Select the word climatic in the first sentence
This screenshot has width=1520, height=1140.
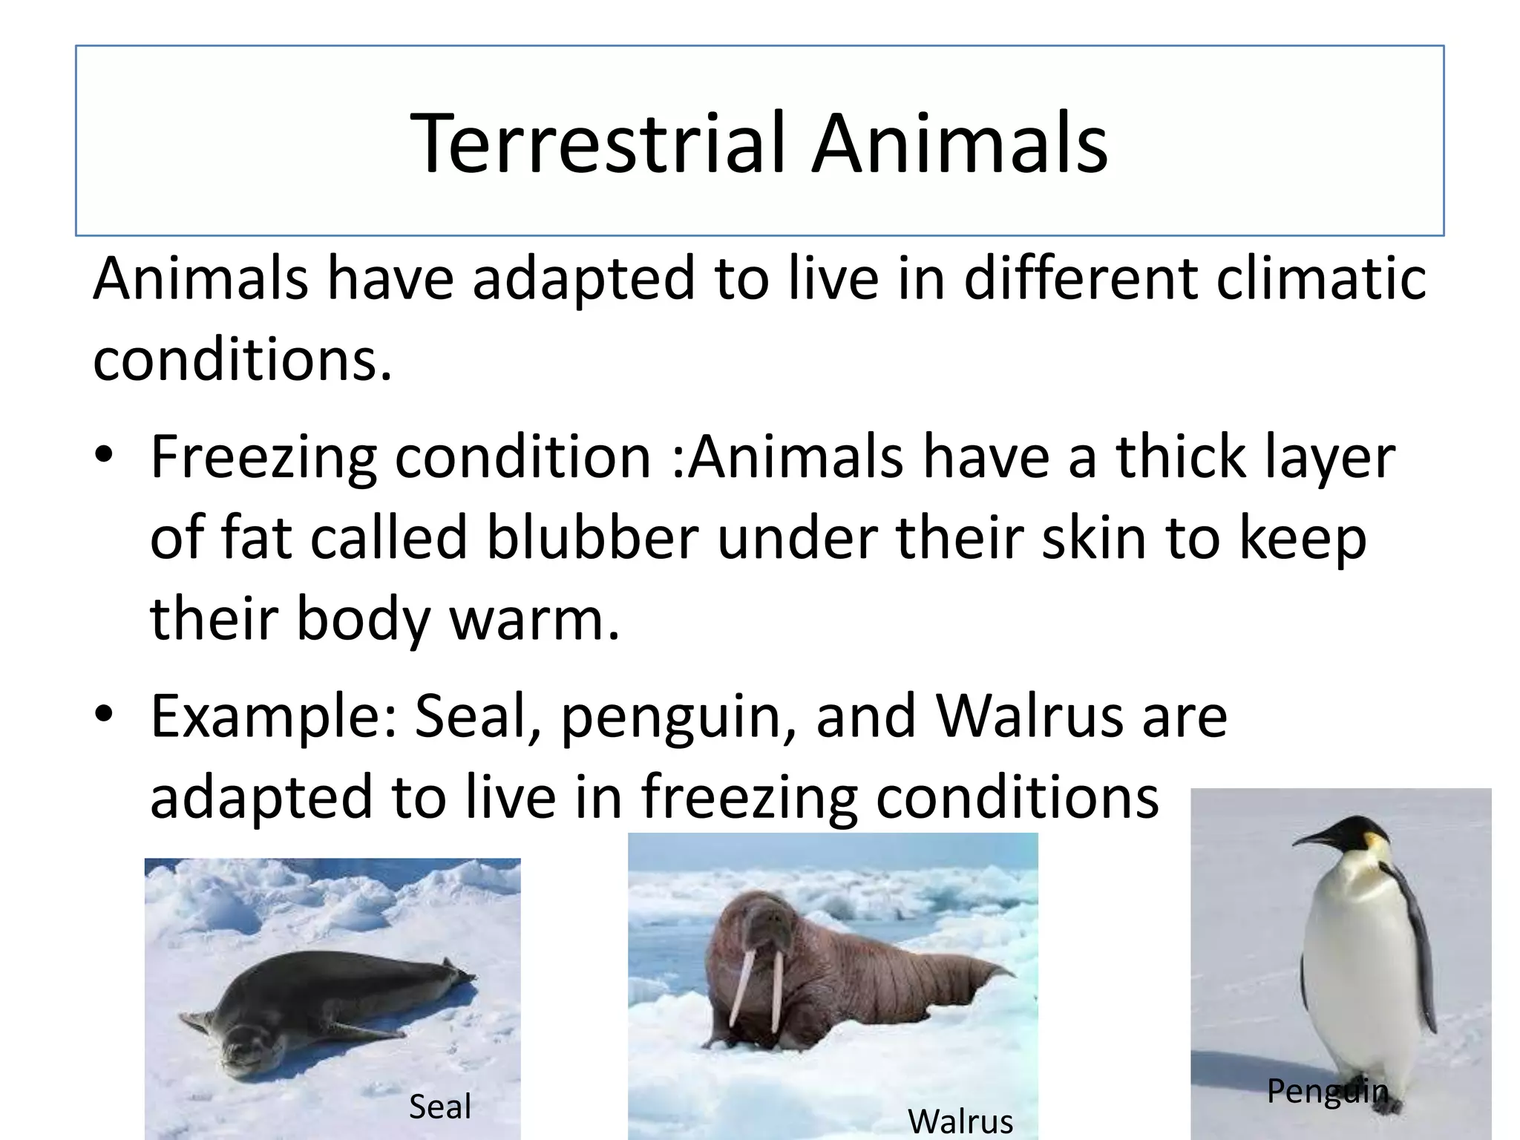pos(1320,278)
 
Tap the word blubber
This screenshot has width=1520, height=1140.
pos(592,537)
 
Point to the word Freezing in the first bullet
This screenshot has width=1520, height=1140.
pos(263,457)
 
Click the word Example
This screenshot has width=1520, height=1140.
pos(275,716)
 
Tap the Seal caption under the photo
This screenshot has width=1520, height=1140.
pos(439,1107)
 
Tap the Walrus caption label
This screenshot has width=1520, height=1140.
pos(960,1121)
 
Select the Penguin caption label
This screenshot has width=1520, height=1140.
pos(1327,1090)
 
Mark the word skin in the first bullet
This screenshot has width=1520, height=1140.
pos(1094,537)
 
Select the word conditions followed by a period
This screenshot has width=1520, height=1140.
pos(240,359)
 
